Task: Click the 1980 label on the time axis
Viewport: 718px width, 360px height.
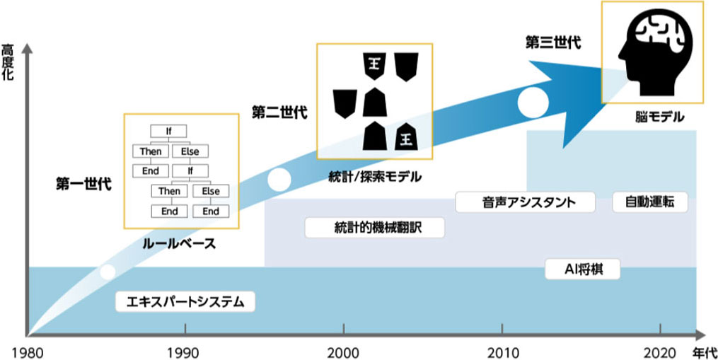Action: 27,350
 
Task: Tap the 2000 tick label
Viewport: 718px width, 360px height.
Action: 343,350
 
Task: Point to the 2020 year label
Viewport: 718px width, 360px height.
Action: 659,350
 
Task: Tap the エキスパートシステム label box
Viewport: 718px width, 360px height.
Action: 185,303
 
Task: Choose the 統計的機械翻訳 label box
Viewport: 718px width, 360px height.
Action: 365,227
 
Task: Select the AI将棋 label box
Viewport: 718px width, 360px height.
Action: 583,269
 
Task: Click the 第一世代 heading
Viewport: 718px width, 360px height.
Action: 83,185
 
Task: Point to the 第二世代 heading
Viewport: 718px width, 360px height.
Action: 279,112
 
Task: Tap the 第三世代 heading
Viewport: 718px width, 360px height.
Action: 552,42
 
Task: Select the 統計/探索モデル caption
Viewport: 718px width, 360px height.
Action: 376,175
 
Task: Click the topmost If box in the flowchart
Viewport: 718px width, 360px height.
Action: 168,131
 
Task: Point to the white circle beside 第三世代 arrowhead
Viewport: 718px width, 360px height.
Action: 533,103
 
